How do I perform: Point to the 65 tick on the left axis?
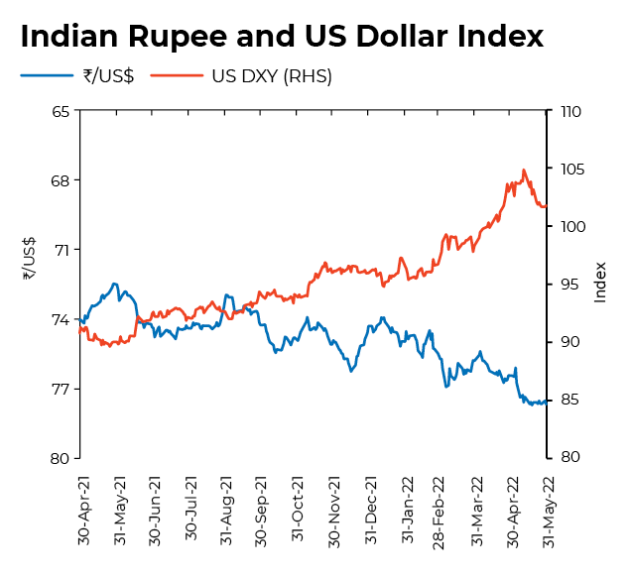coord(60,111)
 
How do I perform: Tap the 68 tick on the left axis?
coord(60,180)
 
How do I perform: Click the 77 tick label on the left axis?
coord(60,389)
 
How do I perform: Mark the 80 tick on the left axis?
coord(60,458)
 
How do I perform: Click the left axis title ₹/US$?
coord(29,259)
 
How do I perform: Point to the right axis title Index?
coord(600,283)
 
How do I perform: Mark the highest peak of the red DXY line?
coord(524,170)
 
